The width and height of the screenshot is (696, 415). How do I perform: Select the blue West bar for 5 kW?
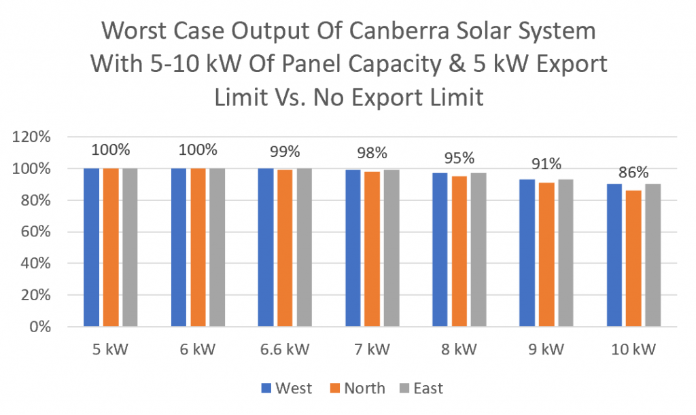click(x=92, y=247)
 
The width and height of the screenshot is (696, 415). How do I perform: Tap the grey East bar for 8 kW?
click(x=478, y=249)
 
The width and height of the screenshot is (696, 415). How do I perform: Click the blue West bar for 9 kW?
click(x=527, y=253)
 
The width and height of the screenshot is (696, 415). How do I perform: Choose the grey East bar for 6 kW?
click(x=217, y=247)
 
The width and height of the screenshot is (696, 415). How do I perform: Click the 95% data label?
click(x=459, y=158)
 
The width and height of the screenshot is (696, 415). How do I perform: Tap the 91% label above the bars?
click(x=546, y=164)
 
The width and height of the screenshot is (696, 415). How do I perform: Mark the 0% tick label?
click(x=38, y=327)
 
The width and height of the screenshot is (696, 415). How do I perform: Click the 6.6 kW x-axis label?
click(x=285, y=350)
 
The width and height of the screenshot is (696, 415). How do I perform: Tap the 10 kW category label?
click(x=633, y=350)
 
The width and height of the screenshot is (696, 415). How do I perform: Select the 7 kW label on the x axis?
click(x=372, y=350)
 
